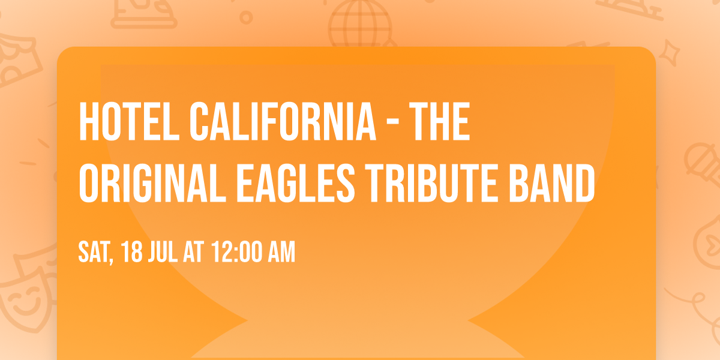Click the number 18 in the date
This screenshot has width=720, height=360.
pos(132,253)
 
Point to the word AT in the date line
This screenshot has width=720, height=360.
pos(194,253)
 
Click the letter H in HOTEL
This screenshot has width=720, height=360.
pos(89,122)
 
